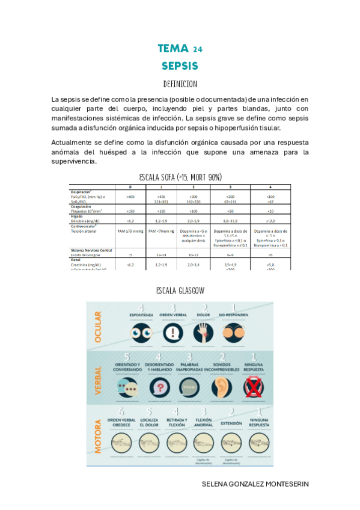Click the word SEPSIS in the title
pos(180,65)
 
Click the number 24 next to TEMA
pos(198,49)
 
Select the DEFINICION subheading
pos(180,84)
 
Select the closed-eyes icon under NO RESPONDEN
pos(231,332)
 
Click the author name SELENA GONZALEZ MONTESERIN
pos(257,483)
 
